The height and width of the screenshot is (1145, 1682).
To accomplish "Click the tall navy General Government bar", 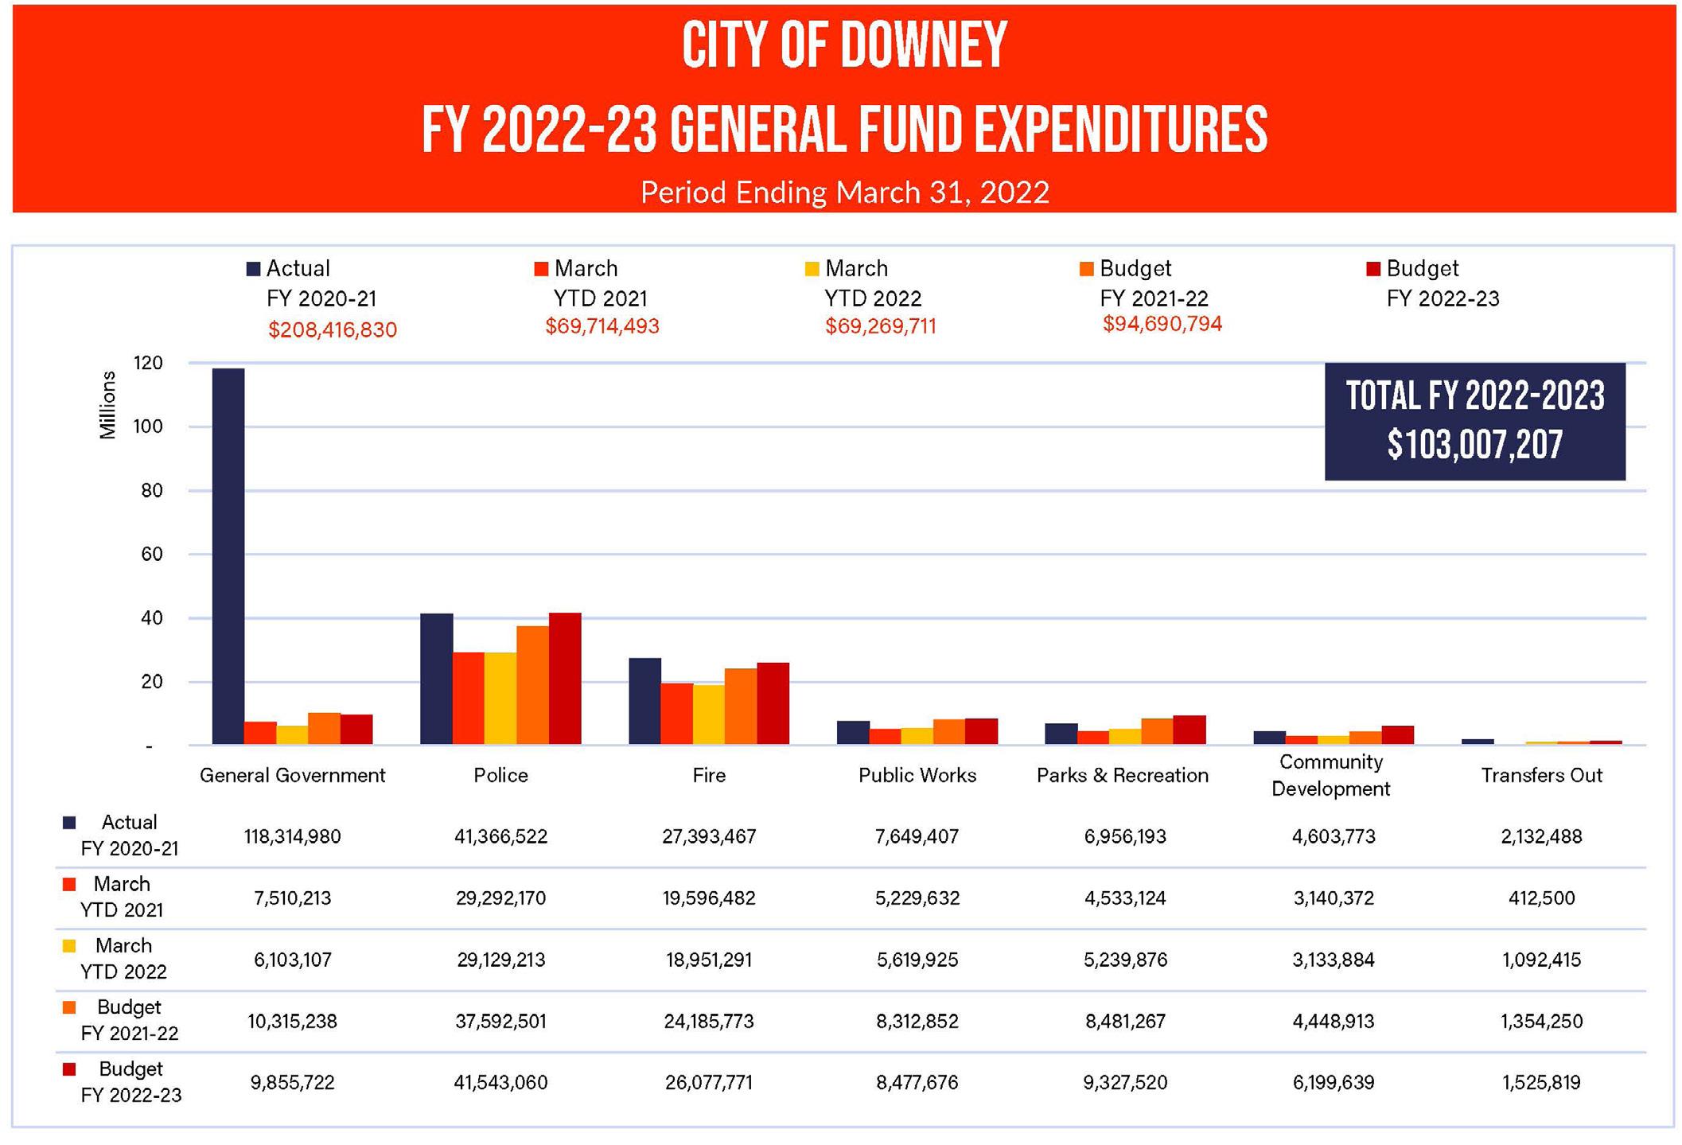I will [228, 557].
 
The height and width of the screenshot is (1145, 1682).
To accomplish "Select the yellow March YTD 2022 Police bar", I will [500, 699].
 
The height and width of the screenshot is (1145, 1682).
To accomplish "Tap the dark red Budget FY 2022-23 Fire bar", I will [773, 703].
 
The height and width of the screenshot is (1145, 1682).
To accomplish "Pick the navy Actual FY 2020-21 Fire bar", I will [644, 701].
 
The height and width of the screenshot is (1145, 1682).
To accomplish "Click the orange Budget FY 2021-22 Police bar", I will [532, 685].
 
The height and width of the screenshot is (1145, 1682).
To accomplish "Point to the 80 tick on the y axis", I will [152, 491].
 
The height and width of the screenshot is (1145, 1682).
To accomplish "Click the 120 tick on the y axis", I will [149, 364].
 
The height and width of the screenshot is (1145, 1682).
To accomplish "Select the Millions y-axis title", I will [107, 405].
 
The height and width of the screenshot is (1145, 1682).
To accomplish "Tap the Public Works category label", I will [917, 776].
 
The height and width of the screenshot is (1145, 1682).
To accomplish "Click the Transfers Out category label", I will [1541, 776].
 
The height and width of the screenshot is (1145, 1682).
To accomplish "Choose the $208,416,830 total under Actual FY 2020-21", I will [332, 330].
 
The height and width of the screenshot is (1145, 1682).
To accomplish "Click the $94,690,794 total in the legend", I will [1162, 325].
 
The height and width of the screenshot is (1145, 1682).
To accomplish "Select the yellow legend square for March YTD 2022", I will [812, 269].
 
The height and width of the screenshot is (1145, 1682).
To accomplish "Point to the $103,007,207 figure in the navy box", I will [1474, 445].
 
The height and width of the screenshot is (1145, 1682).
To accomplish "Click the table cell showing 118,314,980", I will [292, 837].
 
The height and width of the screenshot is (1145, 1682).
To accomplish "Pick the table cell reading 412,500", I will [1541, 898].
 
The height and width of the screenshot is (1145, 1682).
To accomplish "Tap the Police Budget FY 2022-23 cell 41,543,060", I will [500, 1083].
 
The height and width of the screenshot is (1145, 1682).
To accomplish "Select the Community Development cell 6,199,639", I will [1333, 1083].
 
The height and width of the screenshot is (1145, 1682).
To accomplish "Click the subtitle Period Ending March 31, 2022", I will [844, 193].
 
